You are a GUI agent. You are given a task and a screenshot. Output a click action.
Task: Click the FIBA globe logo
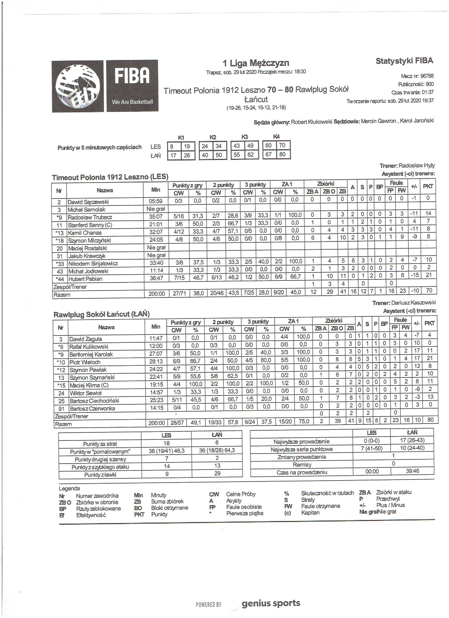[78, 86]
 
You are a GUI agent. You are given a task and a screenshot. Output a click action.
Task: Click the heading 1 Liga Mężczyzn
[256, 63]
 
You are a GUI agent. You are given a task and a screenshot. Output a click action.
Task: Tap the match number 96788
[427, 76]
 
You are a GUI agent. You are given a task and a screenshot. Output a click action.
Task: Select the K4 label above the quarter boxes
[276, 136]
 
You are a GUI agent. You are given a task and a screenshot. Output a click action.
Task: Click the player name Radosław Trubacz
[90, 218]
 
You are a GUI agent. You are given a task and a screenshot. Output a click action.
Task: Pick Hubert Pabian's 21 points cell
[428, 275]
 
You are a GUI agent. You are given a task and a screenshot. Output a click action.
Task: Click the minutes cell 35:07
[156, 217]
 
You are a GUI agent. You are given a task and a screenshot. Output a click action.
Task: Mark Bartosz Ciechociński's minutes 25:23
[156, 400]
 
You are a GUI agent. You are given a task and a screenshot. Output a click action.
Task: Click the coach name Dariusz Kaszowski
[413, 302]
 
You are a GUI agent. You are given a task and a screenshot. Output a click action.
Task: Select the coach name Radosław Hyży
[417, 165]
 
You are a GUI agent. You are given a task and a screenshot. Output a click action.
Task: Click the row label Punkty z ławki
[100, 475]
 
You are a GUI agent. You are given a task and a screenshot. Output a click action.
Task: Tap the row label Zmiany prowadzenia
[301, 457]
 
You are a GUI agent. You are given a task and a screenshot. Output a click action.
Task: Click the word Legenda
[69, 488]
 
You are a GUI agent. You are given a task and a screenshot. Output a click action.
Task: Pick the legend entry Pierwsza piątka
[245, 513]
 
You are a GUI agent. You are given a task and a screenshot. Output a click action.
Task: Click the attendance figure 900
[429, 84]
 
